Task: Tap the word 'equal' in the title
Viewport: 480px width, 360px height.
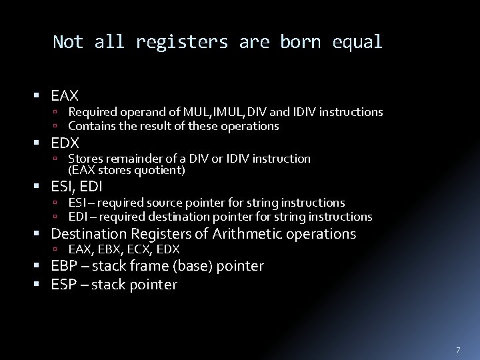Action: pyautogui.click(x=360, y=43)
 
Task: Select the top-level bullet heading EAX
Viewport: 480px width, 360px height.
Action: pyautogui.click(x=65, y=96)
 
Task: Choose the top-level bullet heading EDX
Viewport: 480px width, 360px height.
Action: pyautogui.click(x=65, y=143)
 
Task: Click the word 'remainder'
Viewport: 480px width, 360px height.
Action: pyautogui.click(x=132, y=159)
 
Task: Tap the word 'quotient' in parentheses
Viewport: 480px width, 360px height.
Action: pyautogui.click(x=159, y=170)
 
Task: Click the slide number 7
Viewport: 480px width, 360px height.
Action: pyautogui.click(x=458, y=350)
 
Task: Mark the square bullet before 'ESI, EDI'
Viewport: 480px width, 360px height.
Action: pyautogui.click(x=43, y=187)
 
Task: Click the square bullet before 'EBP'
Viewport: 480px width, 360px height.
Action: pyautogui.click(x=43, y=267)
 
